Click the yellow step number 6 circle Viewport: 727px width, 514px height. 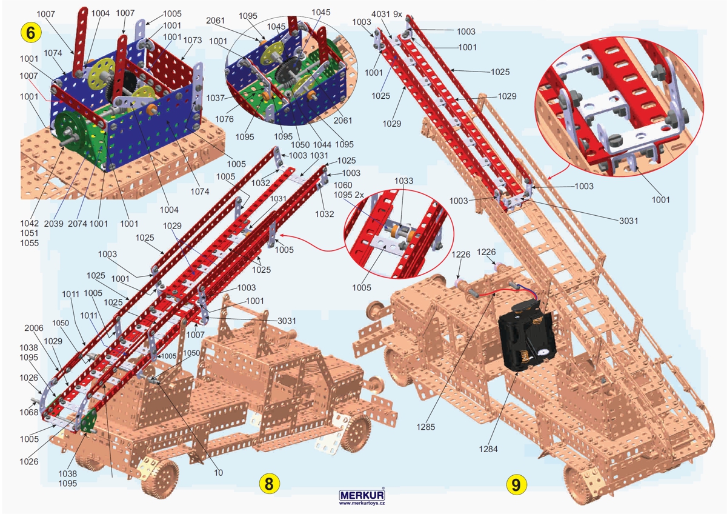[x=30, y=33]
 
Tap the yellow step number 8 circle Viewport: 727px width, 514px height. [x=269, y=484]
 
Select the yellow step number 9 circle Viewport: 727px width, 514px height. [x=516, y=485]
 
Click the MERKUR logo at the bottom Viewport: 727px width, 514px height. [x=362, y=495]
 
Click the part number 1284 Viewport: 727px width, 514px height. [x=488, y=449]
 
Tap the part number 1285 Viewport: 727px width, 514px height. [x=425, y=427]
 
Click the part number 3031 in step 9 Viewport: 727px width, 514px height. [x=629, y=221]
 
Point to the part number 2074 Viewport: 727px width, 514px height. [x=78, y=224]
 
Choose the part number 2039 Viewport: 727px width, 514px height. [x=53, y=224]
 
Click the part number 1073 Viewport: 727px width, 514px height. [x=193, y=40]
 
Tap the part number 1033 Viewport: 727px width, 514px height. [x=403, y=181]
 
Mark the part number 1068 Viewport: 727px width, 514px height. [x=29, y=412]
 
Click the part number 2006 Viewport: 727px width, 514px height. [x=34, y=328]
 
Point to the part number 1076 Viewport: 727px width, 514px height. [x=224, y=119]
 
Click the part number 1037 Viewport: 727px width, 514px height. [x=216, y=98]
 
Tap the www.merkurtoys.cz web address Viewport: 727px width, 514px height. [x=362, y=503]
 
